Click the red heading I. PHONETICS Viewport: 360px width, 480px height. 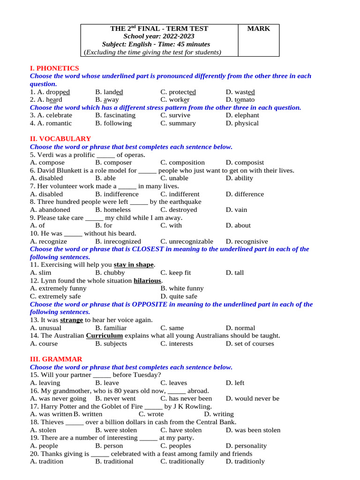[x=54, y=68]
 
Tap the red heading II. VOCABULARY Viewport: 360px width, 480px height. [x=60, y=139]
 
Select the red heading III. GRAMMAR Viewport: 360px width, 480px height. [x=56, y=359]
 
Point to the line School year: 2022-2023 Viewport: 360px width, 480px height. [x=159, y=37]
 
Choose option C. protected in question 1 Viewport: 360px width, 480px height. [x=178, y=92]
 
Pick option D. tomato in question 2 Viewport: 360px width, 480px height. [x=240, y=100]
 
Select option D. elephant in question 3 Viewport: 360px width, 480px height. [x=242, y=115]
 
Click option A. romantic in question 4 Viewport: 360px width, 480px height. [x=51, y=123]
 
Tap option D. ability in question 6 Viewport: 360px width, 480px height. [x=239, y=178]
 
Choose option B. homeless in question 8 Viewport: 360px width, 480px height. [x=113, y=210]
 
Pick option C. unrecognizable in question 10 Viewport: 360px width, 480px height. [x=187, y=241]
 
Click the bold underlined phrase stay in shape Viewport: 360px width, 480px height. [x=134, y=265]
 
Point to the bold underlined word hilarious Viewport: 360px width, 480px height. [x=148, y=281]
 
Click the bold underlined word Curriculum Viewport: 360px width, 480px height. [x=105, y=336]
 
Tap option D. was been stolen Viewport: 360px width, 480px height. [x=253, y=430]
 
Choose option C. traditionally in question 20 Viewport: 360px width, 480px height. [x=182, y=461]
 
